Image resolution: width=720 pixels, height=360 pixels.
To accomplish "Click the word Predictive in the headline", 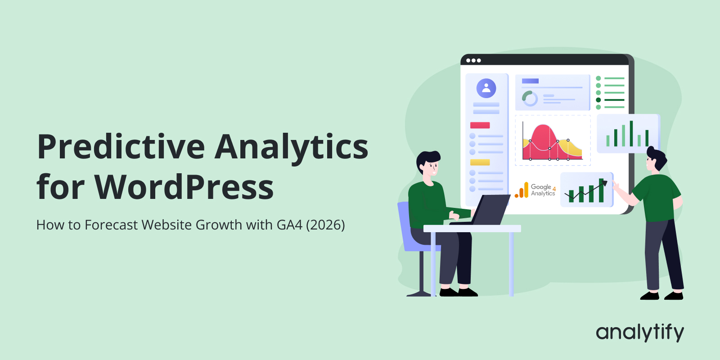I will pyautogui.click(x=121, y=148).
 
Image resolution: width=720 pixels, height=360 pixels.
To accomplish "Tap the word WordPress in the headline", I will pyautogui.click(x=184, y=187).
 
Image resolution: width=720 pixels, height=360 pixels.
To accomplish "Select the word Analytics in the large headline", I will pyautogui.click(x=292, y=148).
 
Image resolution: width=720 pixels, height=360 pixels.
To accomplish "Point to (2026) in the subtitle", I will pyautogui.click(x=325, y=225).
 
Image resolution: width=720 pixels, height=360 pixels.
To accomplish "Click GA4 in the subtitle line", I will pyautogui.click(x=289, y=225).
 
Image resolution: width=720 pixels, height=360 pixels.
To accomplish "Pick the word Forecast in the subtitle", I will pyautogui.click(x=111, y=225).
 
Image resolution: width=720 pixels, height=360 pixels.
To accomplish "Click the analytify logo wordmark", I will pyautogui.click(x=639, y=333).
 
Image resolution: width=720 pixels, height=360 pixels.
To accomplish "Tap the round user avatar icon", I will pyautogui.click(x=486, y=88).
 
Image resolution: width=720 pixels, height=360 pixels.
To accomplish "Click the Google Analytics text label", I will pyautogui.click(x=543, y=190).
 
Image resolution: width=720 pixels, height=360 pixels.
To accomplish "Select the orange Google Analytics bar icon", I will pyautogui.click(x=522, y=190).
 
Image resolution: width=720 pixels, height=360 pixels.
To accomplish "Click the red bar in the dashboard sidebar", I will pyautogui.click(x=480, y=125).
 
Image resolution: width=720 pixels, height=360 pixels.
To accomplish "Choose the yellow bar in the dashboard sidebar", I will pyautogui.click(x=480, y=162).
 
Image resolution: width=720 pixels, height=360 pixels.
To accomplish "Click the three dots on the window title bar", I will pyautogui.click(x=473, y=60).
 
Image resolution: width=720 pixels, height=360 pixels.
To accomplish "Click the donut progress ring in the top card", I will pyautogui.click(x=530, y=98).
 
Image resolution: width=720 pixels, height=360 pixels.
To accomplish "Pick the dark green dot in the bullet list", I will pyautogui.click(x=598, y=100).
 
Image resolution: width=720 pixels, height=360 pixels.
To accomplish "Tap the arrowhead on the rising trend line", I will pyautogui.click(x=604, y=183).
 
